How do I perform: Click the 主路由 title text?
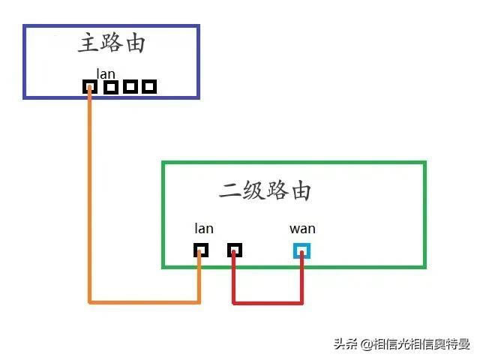pyautogui.click(x=111, y=43)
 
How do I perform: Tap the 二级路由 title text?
pyautogui.click(x=265, y=190)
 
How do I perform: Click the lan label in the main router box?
pyautogui.click(x=105, y=73)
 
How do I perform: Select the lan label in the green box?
pyautogui.click(x=203, y=229)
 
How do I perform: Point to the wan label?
pyautogui.click(x=302, y=229)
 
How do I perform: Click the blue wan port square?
pyautogui.click(x=302, y=250)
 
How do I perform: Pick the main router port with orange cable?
pyautogui.click(x=90, y=87)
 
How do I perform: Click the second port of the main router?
pyautogui.click(x=111, y=87)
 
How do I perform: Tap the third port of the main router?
pyautogui.click(x=130, y=87)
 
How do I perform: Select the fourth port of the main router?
pyautogui.click(x=149, y=87)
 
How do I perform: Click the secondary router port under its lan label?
pyautogui.click(x=200, y=250)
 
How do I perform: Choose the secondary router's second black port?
pyautogui.click(x=234, y=250)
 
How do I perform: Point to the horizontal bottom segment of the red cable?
pyautogui.click(x=268, y=303)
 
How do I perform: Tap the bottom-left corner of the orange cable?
pyautogui.click(x=90, y=301)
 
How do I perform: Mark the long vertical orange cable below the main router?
pyautogui.click(x=90, y=195)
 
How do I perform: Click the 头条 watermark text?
pyautogui.click(x=346, y=344)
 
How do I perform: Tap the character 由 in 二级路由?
pyautogui.click(x=299, y=190)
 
